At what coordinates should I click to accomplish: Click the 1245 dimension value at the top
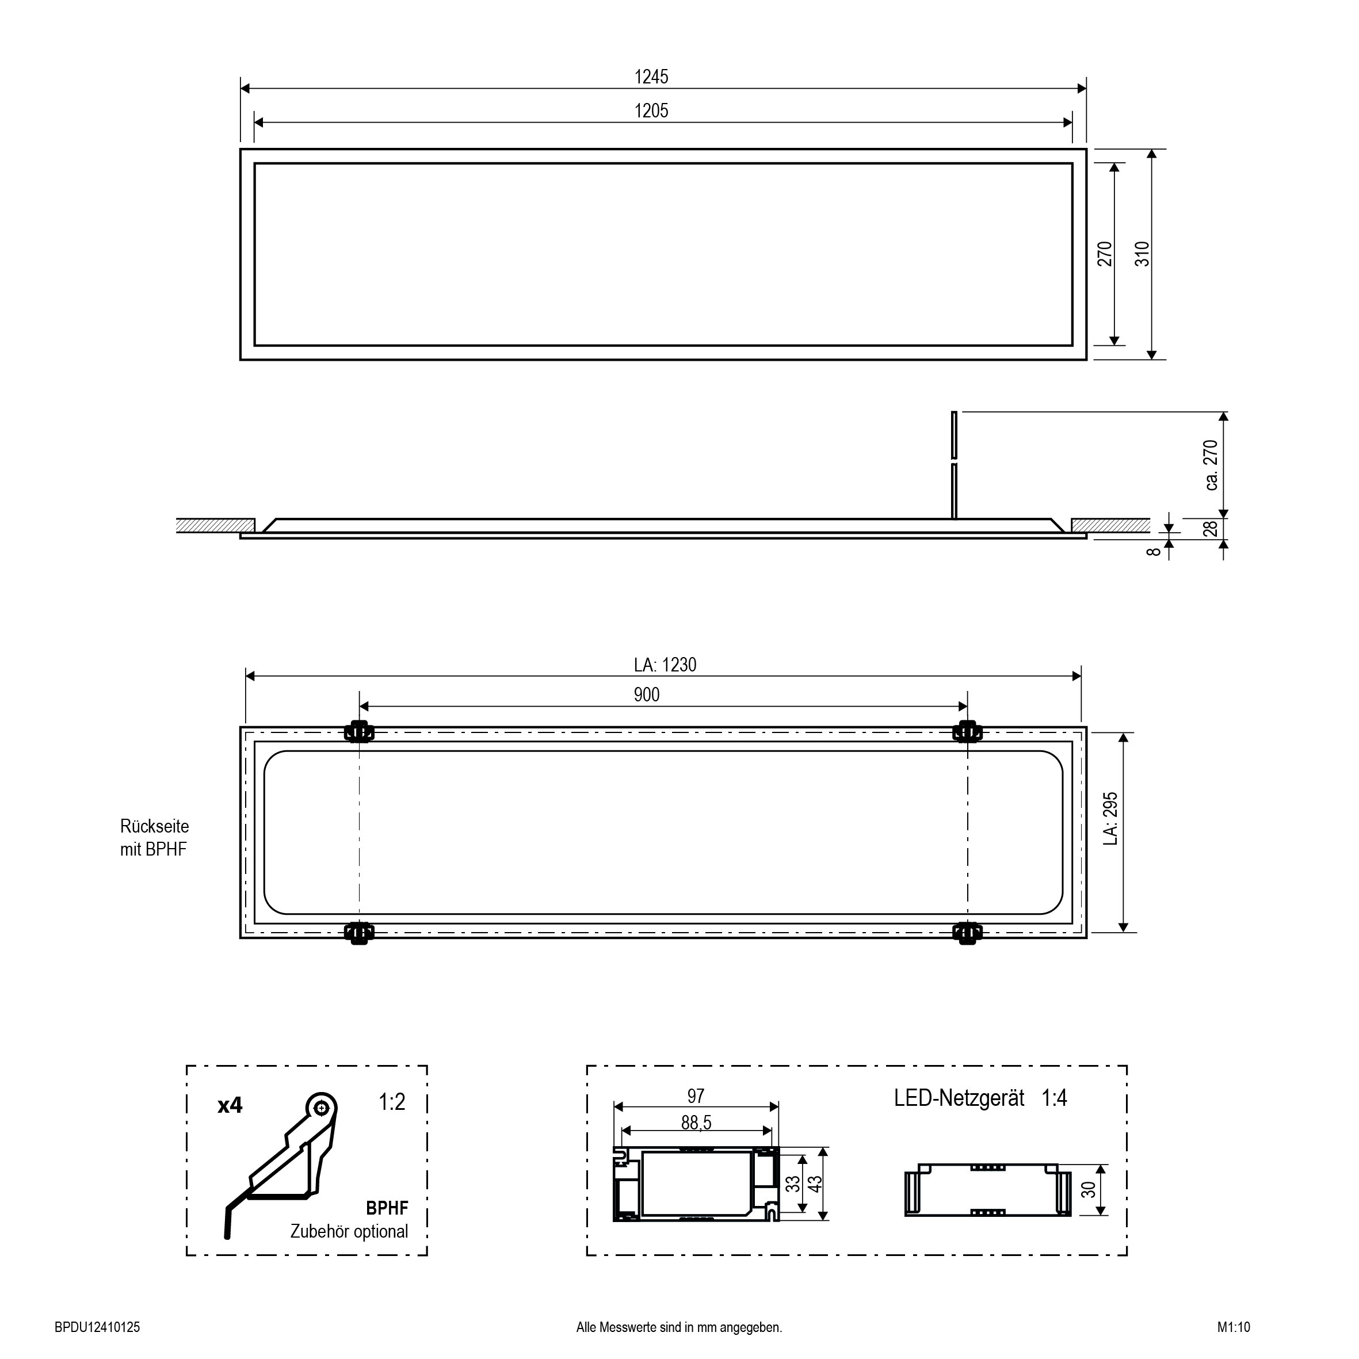(x=651, y=77)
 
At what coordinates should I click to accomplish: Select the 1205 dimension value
(x=651, y=110)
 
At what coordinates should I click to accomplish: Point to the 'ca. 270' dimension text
(x=1211, y=465)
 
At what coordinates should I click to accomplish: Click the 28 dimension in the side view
(x=1211, y=528)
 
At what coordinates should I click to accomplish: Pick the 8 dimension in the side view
(x=1154, y=551)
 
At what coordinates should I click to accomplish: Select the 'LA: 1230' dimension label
(x=665, y=665)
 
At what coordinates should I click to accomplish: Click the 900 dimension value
(x=647, y=695)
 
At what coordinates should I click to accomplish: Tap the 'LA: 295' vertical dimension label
(x=1110, y=819)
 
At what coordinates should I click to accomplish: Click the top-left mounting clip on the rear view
(x=360, y=732)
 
